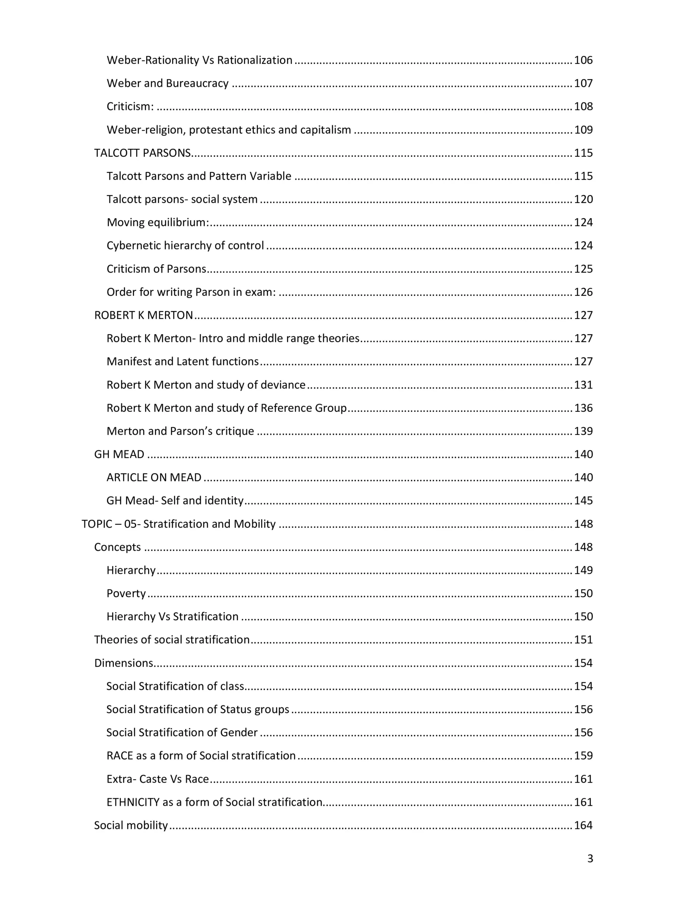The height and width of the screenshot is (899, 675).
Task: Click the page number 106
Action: click(583, 60)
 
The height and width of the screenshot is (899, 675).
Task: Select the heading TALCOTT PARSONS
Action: click(142, 153)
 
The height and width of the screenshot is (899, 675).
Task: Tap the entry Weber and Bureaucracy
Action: click(168, 83)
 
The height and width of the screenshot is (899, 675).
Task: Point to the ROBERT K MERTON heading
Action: click(144, 315)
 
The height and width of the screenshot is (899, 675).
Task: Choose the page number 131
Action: click(583, 385)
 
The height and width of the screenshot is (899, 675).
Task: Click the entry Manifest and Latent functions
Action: click(182, 361)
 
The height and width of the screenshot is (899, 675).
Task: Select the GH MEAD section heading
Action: click(119, 454)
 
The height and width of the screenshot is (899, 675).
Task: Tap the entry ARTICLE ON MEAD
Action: click(154, 477)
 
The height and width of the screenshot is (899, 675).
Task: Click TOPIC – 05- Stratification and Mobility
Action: click(178, 524)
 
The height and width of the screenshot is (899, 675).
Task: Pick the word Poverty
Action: click(126, 593)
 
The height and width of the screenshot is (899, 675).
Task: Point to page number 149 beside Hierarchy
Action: click(583, 570)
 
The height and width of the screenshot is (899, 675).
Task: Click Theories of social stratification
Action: click(172, 640)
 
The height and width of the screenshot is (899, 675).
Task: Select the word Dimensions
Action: click(124, 663)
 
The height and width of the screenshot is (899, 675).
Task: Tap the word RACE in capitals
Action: click(119, 755)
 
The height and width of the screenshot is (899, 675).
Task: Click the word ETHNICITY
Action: click(132, 802)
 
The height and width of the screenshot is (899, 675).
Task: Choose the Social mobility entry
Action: click(131, 825)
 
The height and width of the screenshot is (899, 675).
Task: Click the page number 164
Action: click(583, 825)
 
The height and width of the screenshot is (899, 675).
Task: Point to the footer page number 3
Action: click(590, 858)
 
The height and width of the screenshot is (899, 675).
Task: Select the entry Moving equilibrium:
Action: click(158, 222)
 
